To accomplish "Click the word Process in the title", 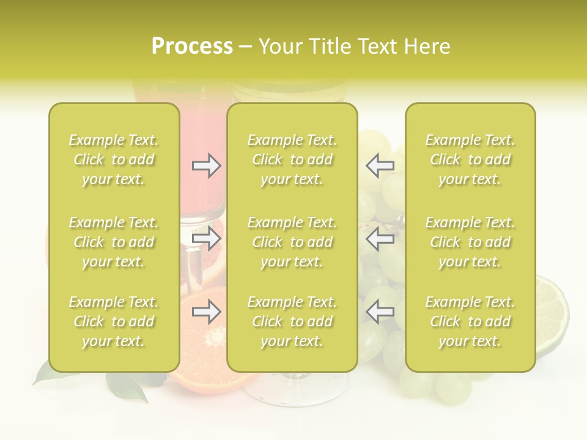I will (192, 46).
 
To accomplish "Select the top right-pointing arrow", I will (206, 165).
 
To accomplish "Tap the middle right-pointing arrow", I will (206, 239).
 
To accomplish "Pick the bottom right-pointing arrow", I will (206, 312).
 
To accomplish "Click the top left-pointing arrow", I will (380, 165).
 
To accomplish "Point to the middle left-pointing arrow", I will (380, 239).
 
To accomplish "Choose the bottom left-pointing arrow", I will (380, 312).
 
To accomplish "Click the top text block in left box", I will (114, 159).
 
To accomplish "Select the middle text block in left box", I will (114, 242).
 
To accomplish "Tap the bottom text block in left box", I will (114, 321).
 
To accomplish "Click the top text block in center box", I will (292, 159).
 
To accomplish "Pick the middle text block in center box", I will (292, 242).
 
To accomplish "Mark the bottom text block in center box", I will (292, 321).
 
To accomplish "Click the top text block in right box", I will (470, 159).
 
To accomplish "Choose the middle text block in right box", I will (470, 242).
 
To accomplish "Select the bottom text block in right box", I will (470, 321).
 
